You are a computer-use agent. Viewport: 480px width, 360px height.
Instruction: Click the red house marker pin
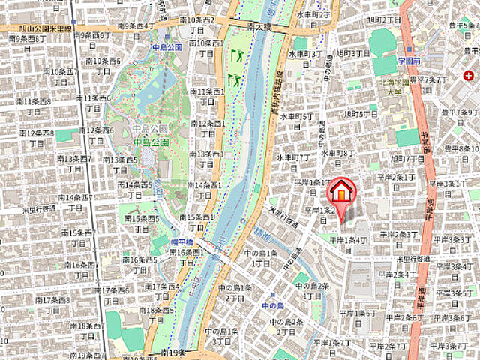pyautogui.click(x=341, y=192)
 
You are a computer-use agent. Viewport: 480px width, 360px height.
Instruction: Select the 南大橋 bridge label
pyautogui.click(x=260, y=26)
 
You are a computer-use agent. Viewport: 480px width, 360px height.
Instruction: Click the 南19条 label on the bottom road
pyautogui.click(x=172, y=351)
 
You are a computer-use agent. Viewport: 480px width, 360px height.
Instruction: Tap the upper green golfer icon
pyautogui.click(x=237, y=55)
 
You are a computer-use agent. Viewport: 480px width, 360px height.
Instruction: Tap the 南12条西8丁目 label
pyautogui.click(x=35, y=137)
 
